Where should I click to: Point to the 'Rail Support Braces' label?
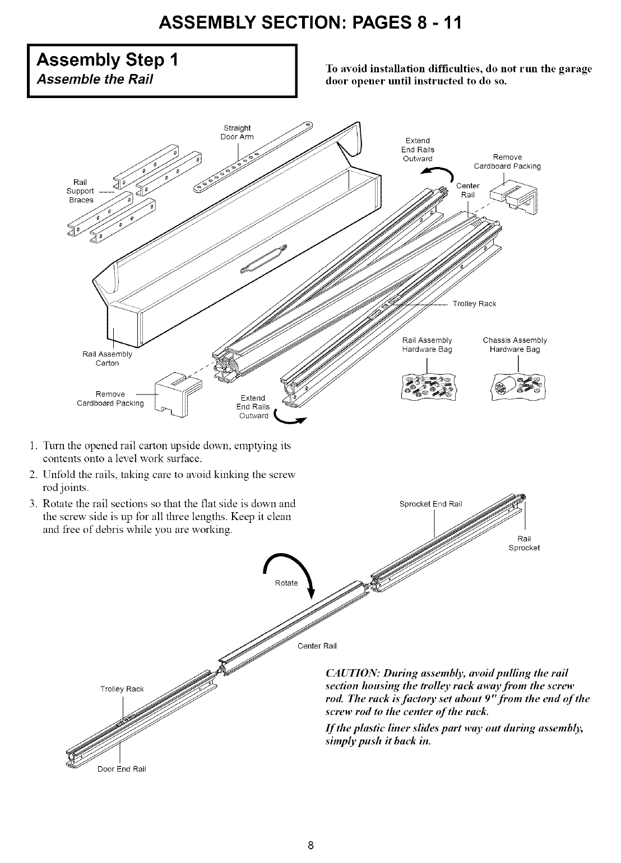click(81, 191)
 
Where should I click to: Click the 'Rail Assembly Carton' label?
click(107, 359)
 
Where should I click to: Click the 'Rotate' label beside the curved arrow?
click(286, 583)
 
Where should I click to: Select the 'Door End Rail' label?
click(122, 768)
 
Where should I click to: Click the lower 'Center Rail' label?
click(317, 646)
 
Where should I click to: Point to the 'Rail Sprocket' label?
click(523, 544)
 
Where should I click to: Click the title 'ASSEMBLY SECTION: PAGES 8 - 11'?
click(310, 22)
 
